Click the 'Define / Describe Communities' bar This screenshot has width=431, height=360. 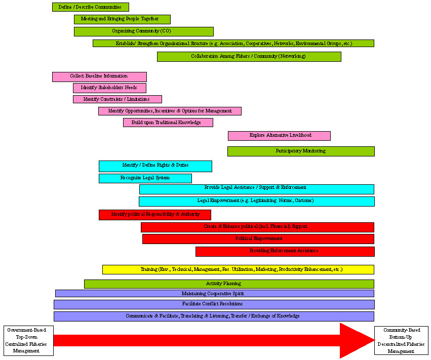[x=90, y=7]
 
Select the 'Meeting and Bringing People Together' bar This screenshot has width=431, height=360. [x=122, y=19]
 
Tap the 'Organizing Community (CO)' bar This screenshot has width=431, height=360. [x=143, y=31]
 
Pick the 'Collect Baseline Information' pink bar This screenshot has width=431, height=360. [x=99, y=76]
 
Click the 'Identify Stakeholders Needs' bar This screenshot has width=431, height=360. [x=109, y=88]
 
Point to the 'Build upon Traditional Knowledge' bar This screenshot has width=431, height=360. [x=168, y=123]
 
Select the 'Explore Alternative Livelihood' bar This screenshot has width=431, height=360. [x=279, y=136]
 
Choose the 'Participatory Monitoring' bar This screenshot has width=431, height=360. [x=301, y=151]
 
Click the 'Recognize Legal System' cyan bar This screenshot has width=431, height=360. [x=145, y=178]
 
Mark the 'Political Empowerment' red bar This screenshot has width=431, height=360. [x=258, y=239]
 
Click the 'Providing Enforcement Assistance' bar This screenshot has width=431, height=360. [x=285, y=251]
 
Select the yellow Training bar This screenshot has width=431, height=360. [x=238, y=269]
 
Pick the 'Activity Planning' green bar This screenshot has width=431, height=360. [x=229, y=284]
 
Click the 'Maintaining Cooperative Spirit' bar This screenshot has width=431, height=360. [x=214, y=294]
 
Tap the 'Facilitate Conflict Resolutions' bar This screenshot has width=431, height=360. [x=214, y=304]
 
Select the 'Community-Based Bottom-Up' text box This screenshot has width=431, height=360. [x=401, y=341]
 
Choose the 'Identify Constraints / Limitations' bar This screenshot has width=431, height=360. [x=117, y=99]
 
